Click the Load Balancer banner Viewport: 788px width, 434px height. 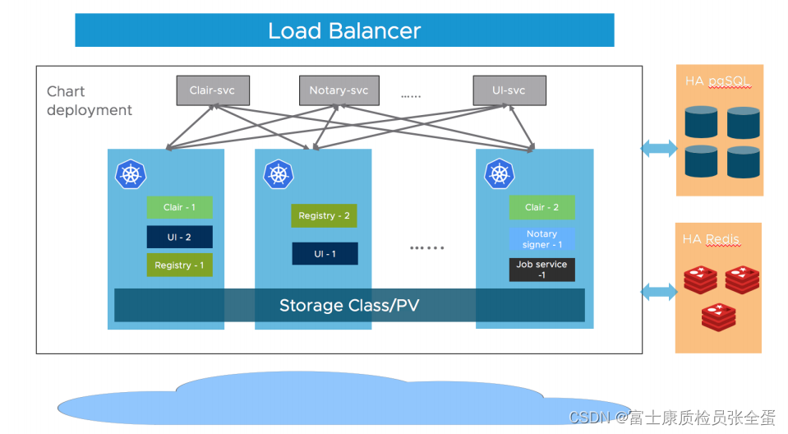coord(344,30)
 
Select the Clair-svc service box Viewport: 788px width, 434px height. coord(213,90)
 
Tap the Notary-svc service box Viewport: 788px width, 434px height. coord(339,90)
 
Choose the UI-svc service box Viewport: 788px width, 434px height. coord(509,90)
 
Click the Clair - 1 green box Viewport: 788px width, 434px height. coord(179,207)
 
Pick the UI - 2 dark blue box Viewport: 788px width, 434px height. coord(179,237)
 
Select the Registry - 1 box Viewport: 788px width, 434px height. coord(179,265)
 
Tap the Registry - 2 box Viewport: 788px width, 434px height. coord(324,215)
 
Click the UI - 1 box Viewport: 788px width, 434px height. coord(325,254)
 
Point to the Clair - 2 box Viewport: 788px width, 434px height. coord(541,207)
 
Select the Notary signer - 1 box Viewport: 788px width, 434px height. coord(541,239)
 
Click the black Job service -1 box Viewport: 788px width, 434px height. coord(541,270)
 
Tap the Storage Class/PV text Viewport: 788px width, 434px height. coord(349,306)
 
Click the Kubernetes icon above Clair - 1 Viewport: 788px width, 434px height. coord(131,173)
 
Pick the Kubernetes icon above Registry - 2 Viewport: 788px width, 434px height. coord(278,173)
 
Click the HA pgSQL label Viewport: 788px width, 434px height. coord(718,82)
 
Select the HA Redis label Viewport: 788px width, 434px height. coord(711,239)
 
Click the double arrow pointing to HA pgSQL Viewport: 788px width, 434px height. coord(658,149)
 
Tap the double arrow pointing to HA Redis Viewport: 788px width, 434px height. coord(658,291)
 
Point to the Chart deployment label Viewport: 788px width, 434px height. coord(89,101)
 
